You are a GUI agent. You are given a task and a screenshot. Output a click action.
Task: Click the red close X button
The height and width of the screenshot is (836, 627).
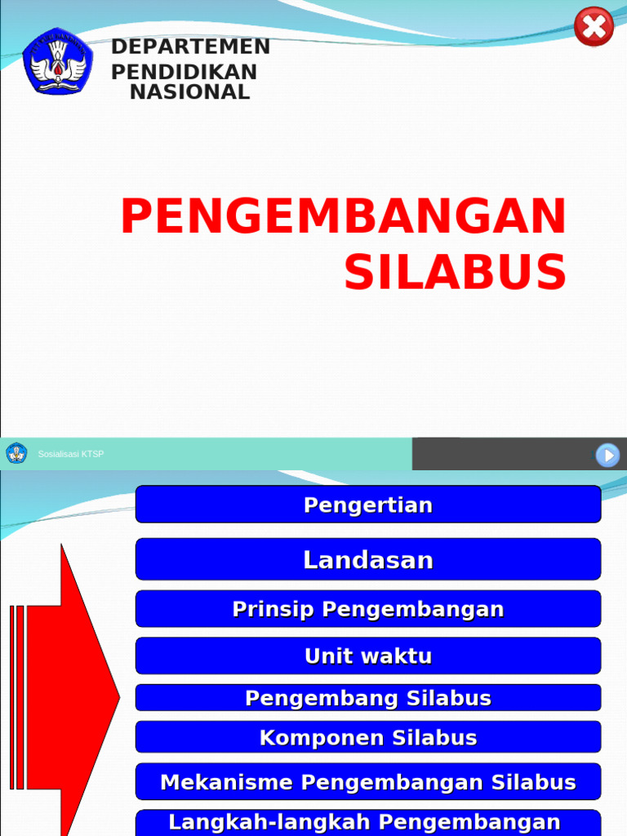(594, 27)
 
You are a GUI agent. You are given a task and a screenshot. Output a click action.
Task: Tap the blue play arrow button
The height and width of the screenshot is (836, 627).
(607, 455)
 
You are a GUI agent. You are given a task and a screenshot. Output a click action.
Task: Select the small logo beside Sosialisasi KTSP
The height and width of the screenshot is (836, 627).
(16, 453)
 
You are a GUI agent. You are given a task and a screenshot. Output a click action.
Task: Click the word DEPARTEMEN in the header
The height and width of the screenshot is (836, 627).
(190, 47)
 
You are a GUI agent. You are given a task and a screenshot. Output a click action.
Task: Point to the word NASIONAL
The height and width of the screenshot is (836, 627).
(189, 92)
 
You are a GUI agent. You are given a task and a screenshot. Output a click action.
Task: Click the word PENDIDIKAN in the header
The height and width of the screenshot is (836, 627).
(184, 72)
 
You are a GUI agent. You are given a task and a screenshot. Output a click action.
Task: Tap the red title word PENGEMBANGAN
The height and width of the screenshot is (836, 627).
(343, 217)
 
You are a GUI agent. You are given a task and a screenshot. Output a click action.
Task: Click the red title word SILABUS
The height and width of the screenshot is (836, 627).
(455, 272)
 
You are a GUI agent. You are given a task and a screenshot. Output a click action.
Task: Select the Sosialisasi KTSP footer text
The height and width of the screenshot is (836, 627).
(71, 454)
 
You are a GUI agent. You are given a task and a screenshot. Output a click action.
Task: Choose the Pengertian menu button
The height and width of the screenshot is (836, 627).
(368, 505)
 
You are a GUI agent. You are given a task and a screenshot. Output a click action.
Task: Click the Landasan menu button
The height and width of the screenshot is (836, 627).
(368, 559)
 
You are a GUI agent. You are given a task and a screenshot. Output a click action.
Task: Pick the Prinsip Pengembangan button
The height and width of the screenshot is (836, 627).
(368, 609)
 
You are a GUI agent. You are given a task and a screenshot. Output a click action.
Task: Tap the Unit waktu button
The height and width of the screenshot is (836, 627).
(368, 656)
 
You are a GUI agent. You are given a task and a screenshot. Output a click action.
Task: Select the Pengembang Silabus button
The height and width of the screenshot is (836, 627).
(368, 698)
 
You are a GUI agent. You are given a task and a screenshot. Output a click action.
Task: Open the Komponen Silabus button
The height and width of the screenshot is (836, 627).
(368, 737)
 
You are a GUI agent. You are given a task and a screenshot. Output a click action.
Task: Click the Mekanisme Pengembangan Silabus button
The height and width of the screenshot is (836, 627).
(368, 782)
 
